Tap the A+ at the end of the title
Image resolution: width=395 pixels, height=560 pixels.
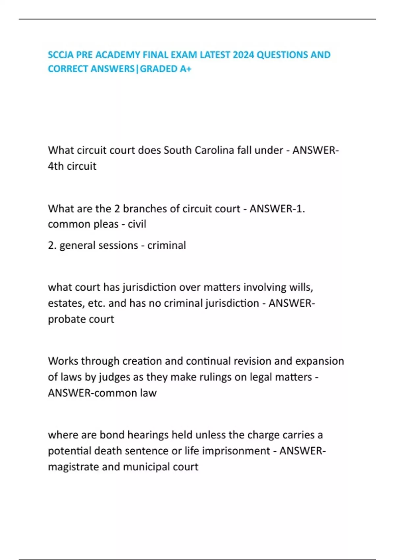(185, 69)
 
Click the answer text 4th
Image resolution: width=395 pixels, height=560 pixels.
(56, 166)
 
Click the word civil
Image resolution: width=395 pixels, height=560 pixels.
(137, 224)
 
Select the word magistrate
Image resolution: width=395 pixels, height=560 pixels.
(73, 467)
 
